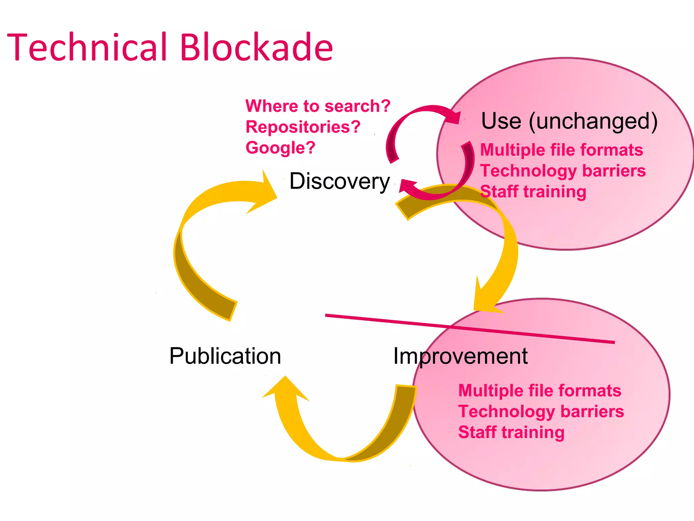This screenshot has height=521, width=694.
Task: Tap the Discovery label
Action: (x=339, y=181)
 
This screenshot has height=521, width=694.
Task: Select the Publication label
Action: (x=225, y=356)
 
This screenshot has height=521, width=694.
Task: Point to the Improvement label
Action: (x=460, y=356)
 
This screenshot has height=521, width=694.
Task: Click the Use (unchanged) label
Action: (x=569, y=121)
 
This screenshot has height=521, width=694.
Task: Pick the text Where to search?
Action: (x=318, y=106)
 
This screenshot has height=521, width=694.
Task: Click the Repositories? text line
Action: (x=303, y=127)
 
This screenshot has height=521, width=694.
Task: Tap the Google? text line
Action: (x=281, y=148)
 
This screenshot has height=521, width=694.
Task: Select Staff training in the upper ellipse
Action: (x=533, y=192)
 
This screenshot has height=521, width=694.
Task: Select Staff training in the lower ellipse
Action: (x=511, y=432)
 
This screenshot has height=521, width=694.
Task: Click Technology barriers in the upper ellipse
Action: (x=563, y=171)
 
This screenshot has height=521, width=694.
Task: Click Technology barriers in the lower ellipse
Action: (x=541, y=411)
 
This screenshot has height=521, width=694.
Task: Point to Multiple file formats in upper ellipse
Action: (x=562, y=150)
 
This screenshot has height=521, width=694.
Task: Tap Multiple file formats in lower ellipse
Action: (x=540, y=391)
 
